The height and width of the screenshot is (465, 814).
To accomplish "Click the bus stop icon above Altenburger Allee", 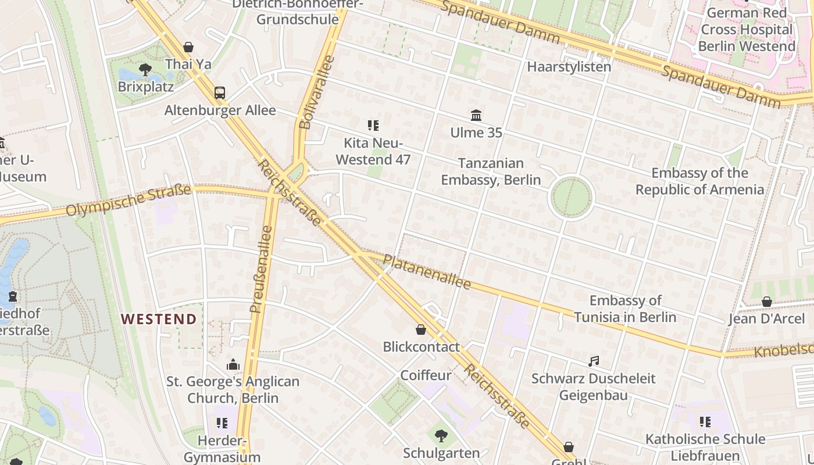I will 220,93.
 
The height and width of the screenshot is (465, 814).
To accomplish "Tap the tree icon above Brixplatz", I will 145,70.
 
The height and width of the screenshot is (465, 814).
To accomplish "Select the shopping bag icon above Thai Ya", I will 188,47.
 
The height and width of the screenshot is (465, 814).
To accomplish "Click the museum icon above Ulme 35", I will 476,116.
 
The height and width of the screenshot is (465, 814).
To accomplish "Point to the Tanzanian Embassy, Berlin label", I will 491,171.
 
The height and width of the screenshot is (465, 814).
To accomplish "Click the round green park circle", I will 571,198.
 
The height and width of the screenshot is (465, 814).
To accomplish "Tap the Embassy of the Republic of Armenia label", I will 699,181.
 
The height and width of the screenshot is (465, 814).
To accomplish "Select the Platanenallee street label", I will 427,271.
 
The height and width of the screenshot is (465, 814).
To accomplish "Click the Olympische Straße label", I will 128,200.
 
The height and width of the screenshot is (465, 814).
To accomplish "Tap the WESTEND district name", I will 159,319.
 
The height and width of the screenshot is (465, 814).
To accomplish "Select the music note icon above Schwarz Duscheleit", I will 593,362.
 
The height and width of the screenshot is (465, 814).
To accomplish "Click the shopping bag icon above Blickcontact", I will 421,330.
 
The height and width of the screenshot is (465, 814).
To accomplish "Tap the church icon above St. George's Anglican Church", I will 233,365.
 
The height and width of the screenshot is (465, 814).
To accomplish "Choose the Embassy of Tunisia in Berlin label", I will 625,309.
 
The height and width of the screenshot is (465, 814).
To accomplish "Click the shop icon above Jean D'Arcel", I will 766,302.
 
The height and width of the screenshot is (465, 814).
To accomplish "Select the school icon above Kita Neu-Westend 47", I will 373,126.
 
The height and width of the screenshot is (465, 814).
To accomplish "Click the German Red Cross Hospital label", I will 747,29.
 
